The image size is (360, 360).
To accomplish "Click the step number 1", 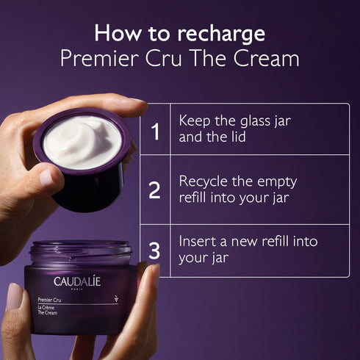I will click(155, 132).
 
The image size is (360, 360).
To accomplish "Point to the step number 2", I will click(154, 191).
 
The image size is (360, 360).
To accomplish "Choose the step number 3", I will click(154, 251).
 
